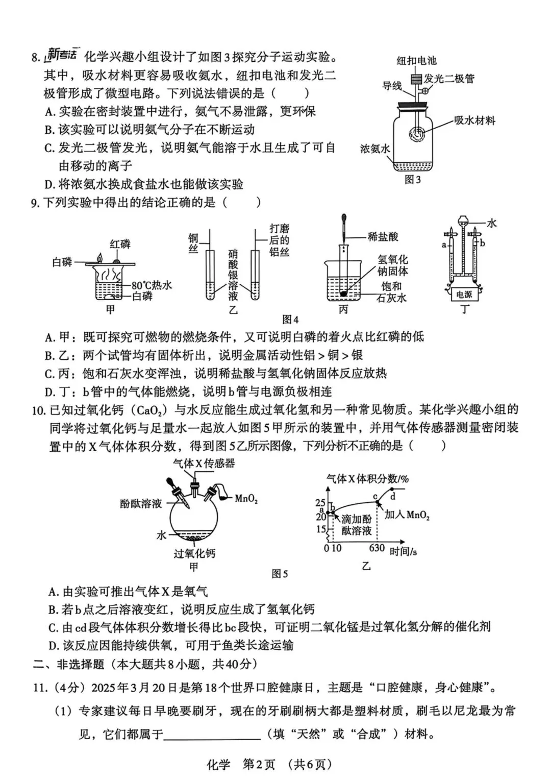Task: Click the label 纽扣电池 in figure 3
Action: click(416, 61)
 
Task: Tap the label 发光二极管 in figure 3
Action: click(449, 79)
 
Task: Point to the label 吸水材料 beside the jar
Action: click(474, 121)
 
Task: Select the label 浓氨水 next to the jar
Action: click(375, 149)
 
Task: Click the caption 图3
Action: click(412, 180)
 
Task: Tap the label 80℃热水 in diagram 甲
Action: click(152, 285)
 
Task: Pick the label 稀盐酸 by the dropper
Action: click(383, 237)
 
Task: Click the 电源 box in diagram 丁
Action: click(464, 295)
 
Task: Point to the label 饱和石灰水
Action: click(391, 292)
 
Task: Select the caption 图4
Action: click(290, 320)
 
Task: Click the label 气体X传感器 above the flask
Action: click(204, 463)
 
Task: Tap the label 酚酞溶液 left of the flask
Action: click(141, 503)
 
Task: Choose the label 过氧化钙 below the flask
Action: click(194, 553)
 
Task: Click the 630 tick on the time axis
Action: click(377, 548)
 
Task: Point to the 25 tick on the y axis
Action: click(320, 503)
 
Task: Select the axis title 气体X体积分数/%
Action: click(367, 478)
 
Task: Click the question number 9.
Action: click(35, 203)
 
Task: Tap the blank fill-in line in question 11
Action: click(212, 735)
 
